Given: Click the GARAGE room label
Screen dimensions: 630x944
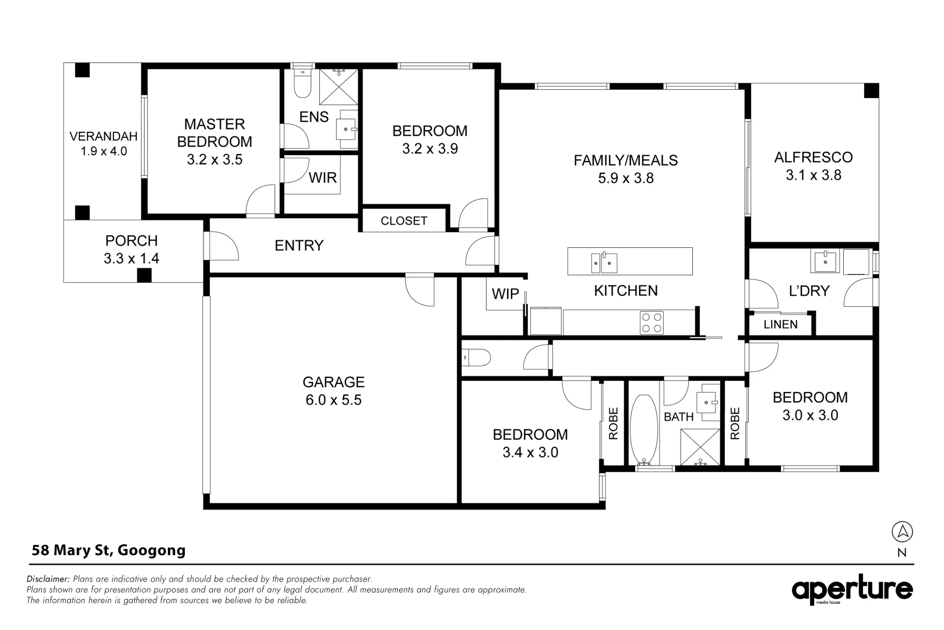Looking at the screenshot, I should click(x=333, y=382).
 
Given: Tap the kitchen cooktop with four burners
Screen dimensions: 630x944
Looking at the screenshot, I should click(x=651, y=323).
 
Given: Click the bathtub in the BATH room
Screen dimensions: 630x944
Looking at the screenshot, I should click(x=643, y=427).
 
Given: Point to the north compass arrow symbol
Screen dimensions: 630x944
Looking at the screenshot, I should click(x=902, y=531).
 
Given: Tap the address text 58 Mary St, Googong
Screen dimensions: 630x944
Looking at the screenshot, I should click(x=108, y=550).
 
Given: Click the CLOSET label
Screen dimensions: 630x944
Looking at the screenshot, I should click(x=404, y=221).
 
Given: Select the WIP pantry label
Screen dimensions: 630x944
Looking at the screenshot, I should click(x=505, y=294).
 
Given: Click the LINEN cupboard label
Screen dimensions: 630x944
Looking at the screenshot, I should click(x=780, y=324).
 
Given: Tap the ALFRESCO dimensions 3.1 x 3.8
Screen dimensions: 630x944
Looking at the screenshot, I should click(x=813, y=175).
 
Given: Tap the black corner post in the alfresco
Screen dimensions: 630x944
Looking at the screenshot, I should click(x=871, y=90).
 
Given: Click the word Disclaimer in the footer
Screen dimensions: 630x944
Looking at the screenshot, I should click(x=48, y=579).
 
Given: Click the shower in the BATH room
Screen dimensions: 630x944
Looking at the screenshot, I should click(x=701, y=447).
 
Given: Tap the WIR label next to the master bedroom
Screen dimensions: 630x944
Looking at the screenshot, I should click(x=322, y=177).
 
